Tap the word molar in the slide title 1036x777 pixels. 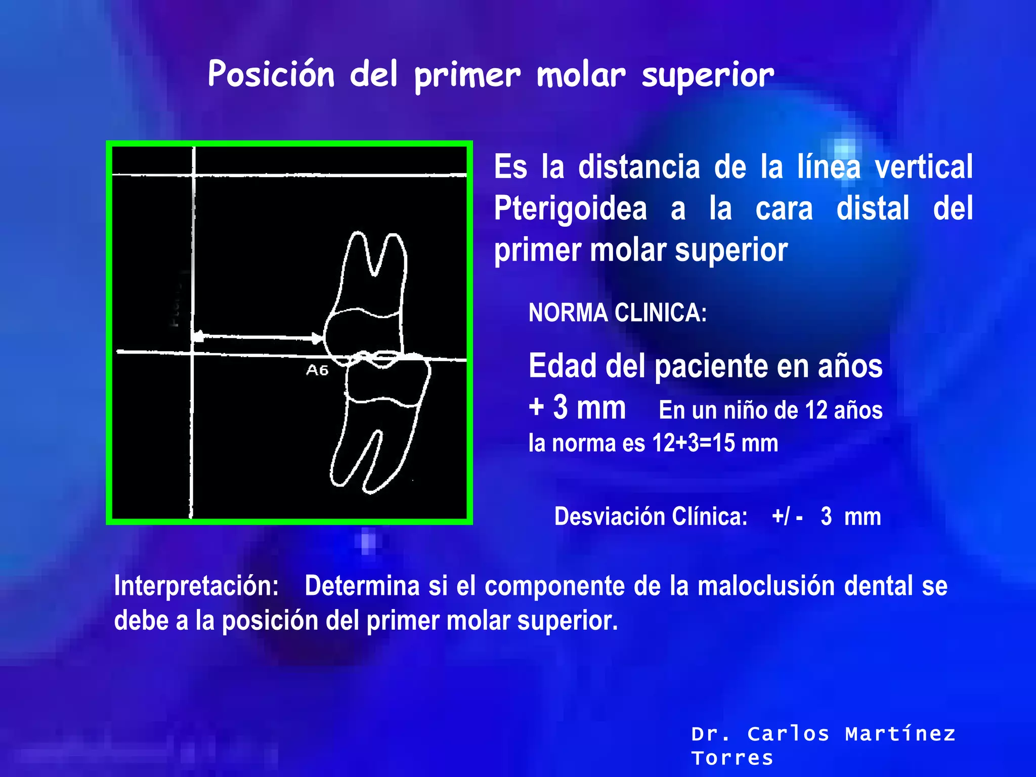[580, 75]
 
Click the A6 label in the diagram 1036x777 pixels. [317, 371]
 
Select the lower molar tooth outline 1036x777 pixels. [382, 420]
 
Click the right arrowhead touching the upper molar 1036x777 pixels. [317, 338]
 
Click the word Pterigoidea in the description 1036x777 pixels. [570, 208]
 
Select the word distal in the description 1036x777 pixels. [873, 208]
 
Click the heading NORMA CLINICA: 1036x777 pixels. [617, 313]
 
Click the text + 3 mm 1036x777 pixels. [577, 407]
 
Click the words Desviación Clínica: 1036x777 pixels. [651, 516]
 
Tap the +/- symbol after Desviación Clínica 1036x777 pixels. [787, 516]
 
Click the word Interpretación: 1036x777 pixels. [196, 586]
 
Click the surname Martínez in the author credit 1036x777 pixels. [900, 733]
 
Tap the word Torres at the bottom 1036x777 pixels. [732, 758]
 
